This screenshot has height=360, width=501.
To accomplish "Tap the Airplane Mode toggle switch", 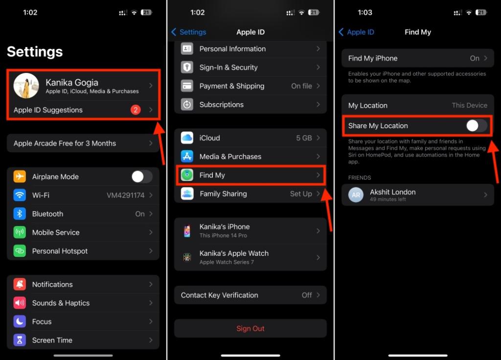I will coord(141,177).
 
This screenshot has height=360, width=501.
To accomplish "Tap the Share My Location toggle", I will coord(477,126).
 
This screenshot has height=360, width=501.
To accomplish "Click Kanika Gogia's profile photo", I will coord(26,86).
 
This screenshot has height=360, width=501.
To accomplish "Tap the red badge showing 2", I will coord(136,110).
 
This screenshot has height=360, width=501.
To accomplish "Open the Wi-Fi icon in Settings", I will coord(20,195).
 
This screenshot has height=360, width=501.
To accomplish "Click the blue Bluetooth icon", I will coord(20,214).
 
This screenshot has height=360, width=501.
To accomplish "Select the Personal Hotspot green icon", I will coord(20,251).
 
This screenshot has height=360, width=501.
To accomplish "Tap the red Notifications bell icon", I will coord(20,284).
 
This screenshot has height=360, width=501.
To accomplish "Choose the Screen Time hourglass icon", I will coord(20,340).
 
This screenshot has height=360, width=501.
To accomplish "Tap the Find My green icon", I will coord(187,175).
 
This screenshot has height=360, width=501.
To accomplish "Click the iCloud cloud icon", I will coord(187,138).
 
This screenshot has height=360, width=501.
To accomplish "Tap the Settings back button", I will coord(189,32).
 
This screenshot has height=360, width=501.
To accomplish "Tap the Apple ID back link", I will coord(356,32).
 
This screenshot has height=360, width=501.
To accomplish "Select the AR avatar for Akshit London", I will coord(356,195).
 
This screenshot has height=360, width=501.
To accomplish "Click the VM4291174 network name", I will coord(126,195).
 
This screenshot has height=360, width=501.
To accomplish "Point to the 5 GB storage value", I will coord(304,138).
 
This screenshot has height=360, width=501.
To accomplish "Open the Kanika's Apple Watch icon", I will coord(187,257).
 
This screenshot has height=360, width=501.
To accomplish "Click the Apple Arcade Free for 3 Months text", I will coord(65,143).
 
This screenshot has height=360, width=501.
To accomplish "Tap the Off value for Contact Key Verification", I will coord(307,295).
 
